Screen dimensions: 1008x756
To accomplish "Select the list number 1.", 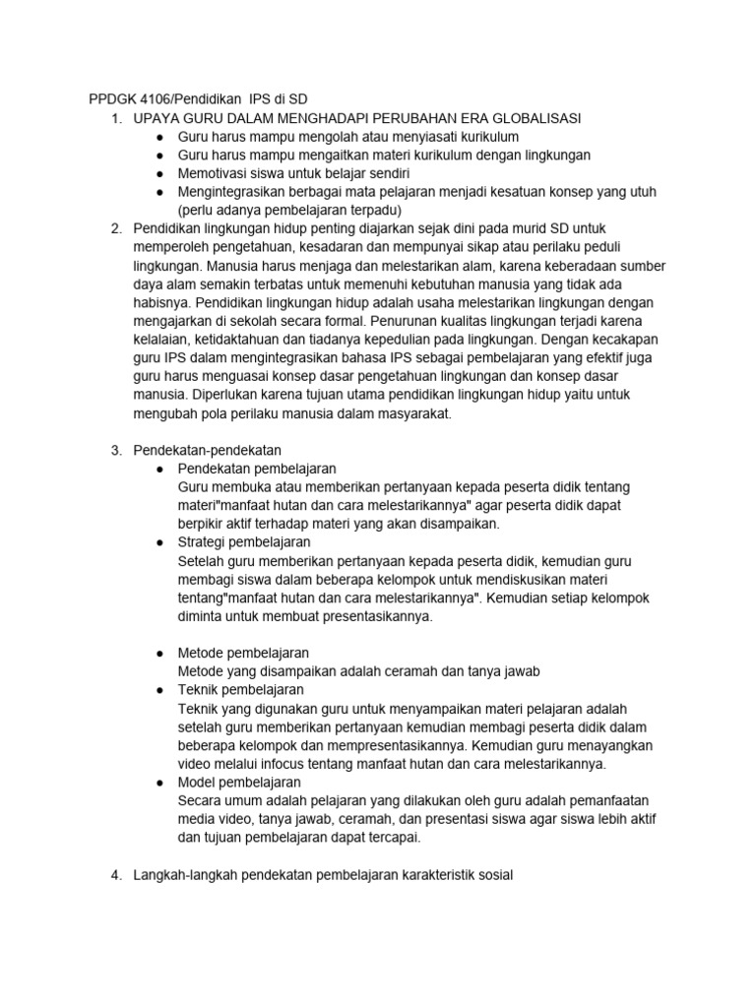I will tap(115, 118).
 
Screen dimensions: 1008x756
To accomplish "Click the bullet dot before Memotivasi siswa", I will tap(159, 173).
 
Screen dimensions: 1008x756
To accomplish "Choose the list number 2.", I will tap(115, 228).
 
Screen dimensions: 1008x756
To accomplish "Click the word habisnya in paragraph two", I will tap(161, 302).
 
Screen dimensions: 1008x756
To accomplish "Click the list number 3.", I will tap(115, 450).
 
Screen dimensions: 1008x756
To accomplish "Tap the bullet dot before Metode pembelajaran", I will tap(159, 653).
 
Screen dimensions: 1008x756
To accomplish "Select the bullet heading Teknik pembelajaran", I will tap(240, 689).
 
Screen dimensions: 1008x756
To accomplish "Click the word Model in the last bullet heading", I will tap(197, 782).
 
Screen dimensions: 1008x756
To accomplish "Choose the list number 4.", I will tap(115, 874).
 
